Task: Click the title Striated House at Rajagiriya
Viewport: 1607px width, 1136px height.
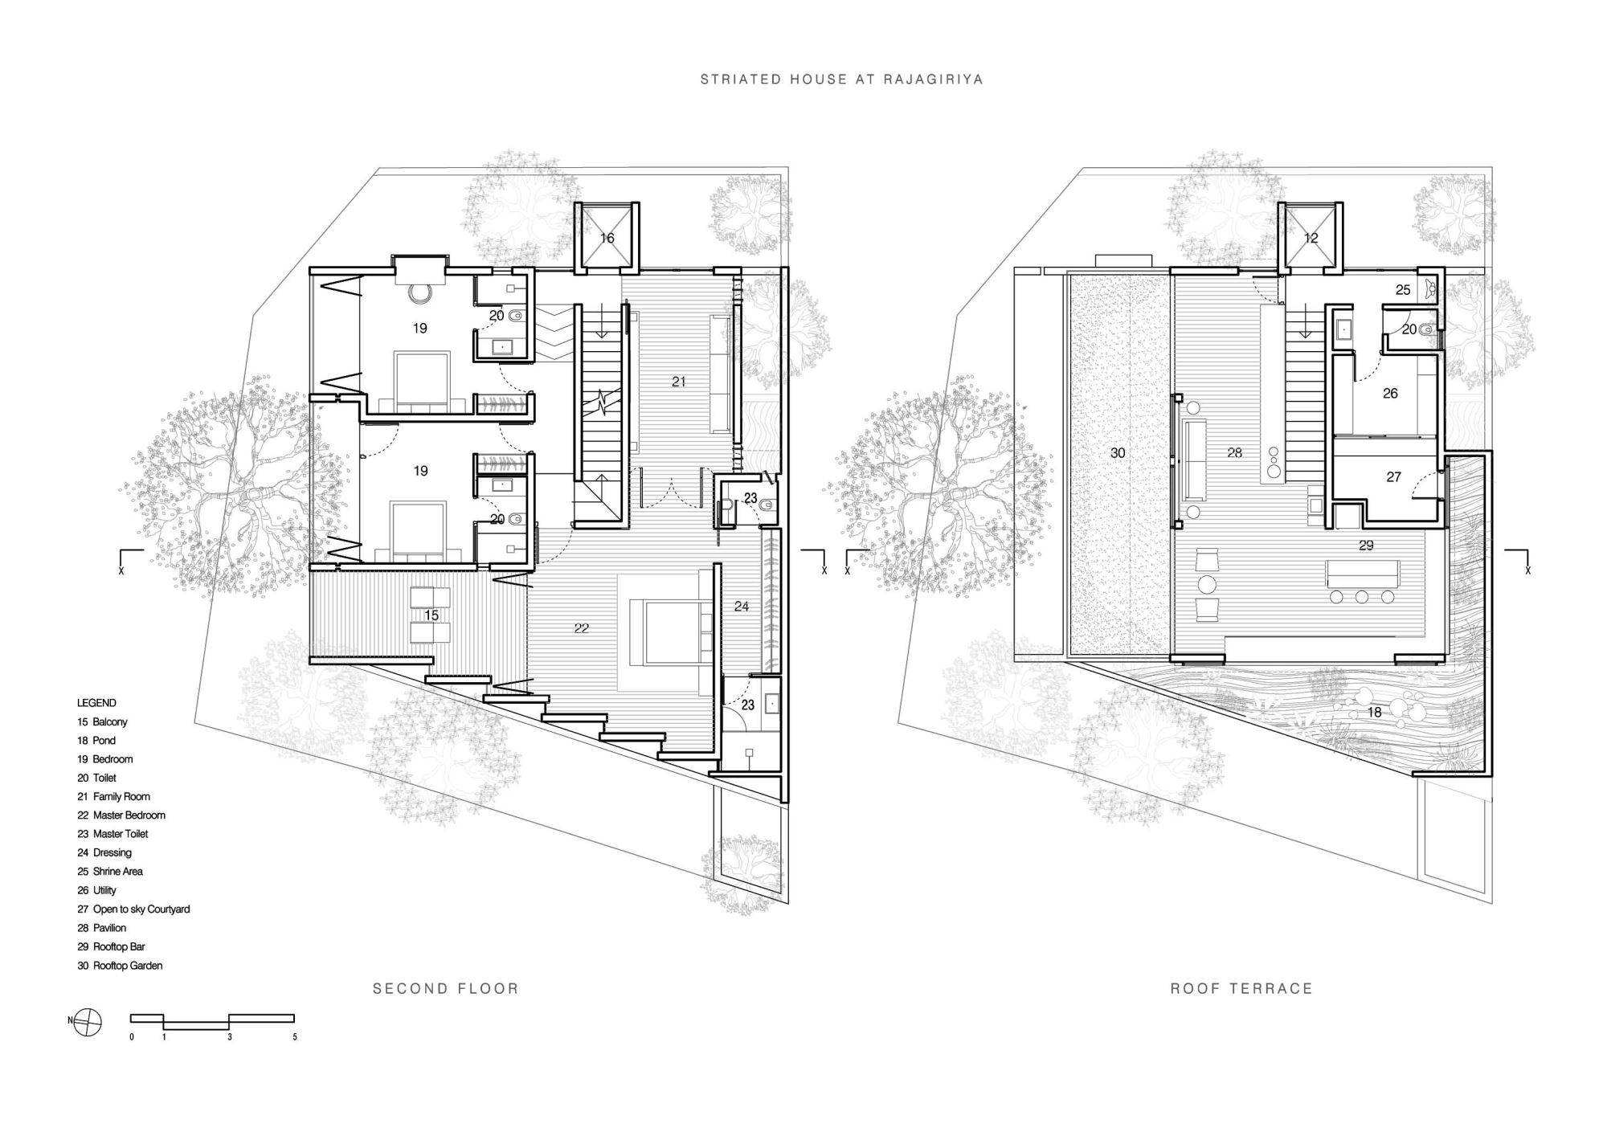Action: [841, 80]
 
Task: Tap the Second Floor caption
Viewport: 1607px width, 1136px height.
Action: [446, 989]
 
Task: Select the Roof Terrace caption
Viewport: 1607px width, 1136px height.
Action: [1241, 989]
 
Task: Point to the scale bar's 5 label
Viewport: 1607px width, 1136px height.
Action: [295, 1037]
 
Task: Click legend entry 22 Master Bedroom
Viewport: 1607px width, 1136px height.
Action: [121, 815]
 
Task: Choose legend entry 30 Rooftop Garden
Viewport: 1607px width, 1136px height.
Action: [120, 966]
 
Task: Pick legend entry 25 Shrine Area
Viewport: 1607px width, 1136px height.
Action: [110, 872]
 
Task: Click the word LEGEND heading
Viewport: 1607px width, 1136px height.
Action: [96, 703]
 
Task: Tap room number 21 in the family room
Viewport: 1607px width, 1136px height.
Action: [679, 382]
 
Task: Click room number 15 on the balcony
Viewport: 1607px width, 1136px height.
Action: [431, 615]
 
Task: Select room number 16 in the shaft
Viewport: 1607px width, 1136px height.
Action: [607, 238]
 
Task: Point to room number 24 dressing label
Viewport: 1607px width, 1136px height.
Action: [742, 607]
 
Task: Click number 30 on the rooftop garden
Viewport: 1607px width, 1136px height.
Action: [1118, 453]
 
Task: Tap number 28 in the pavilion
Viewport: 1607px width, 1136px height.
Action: [1235, 453]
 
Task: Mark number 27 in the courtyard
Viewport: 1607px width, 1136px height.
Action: [1394, 477]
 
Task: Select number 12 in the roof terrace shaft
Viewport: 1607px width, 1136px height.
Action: [1311, 238]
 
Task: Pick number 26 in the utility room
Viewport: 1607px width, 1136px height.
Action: [1390, 394]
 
